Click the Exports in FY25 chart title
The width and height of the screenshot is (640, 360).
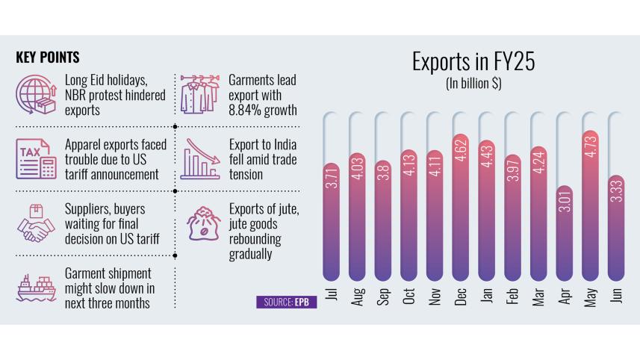tap(473, 62)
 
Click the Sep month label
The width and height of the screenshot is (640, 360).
tap(383, 297)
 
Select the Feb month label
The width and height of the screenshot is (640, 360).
tap(513, 297)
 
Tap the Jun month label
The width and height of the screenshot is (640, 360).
tap(617, 296)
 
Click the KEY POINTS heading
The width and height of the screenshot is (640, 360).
tap(48, 58)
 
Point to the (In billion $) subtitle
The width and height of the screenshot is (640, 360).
tap(473, 84)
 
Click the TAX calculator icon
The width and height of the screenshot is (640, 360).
tap(35, 160)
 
